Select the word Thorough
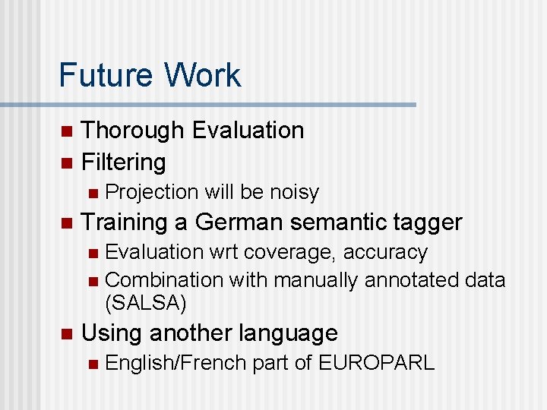(133, 131)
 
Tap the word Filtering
(123, 162)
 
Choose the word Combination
(164, 280)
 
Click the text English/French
(175, 363)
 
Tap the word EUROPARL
(376, 363)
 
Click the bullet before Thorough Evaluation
(66, 131)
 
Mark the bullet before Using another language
(66, 333)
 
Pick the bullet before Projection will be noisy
(92, 193)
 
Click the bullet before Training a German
(66, 223)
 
